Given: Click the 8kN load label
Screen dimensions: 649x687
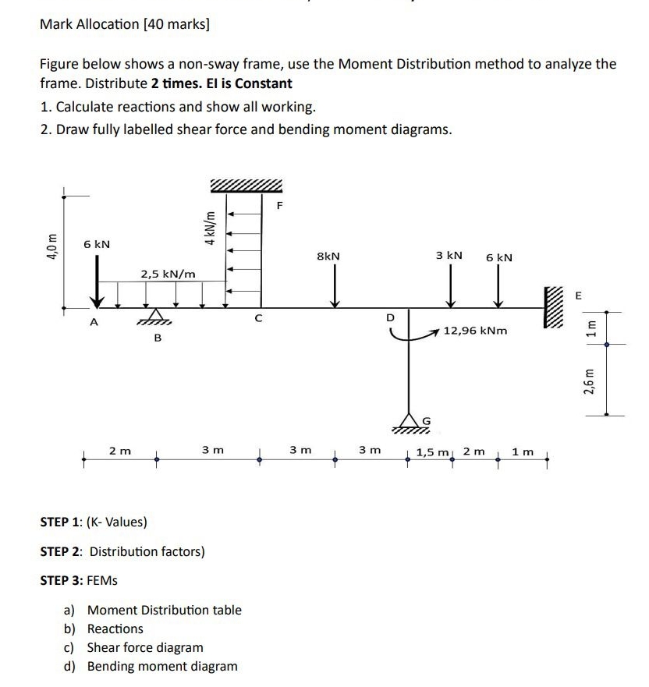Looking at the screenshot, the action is coord(328,255).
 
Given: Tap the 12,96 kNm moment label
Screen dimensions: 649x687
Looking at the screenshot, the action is coord(476,331).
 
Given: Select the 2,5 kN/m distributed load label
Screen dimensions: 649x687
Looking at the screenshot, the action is coord(168,273).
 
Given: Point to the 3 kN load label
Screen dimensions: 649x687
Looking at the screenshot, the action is coord(449,255).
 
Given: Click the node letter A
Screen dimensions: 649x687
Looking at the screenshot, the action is coord(94,321).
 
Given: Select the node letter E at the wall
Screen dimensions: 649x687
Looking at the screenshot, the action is coord(578,296).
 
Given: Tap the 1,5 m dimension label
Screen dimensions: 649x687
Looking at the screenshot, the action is coord(433,452).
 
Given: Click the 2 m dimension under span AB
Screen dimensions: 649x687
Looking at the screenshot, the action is coord(120,451).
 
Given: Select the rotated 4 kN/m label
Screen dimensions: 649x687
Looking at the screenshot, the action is coord(208,226).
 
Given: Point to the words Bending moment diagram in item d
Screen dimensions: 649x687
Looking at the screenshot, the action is coord(162,666).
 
